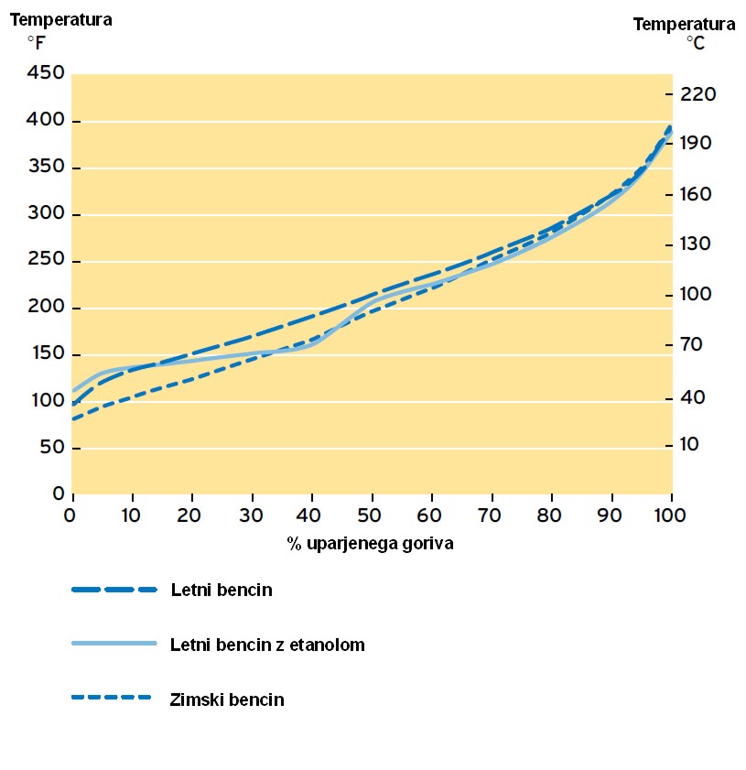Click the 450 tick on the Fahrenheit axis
47,73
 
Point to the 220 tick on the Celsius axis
697,93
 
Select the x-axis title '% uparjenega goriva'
370,543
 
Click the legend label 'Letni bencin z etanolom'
267,645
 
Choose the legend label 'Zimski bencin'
227,700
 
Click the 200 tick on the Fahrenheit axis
47,308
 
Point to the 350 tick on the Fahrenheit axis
47,168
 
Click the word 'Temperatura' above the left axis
61,19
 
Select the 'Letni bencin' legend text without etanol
222,590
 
